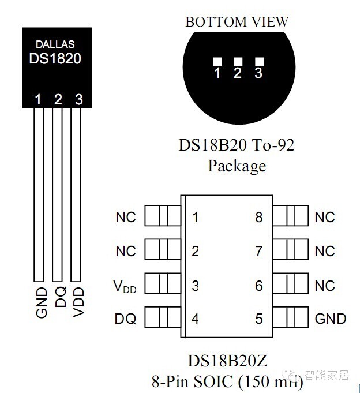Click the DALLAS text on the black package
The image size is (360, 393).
(x=55, y=44)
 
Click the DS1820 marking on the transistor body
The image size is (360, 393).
(x=55, y=58)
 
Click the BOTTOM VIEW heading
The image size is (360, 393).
(x=237, y=22)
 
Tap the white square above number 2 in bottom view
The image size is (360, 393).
(x=238, y=61)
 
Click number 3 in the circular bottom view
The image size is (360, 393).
(x=258, y=73)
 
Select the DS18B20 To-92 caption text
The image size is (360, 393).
(x=237, y=144)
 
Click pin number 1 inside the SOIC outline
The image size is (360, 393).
(x=196, y=218)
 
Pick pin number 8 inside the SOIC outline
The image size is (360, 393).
(x=259, y=218)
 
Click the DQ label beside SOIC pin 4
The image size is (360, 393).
(x=125, y=319)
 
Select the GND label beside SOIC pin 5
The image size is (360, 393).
(x=331, y=319)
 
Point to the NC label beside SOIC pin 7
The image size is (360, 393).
(x=325, y=252)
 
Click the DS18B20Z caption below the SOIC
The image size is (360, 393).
(x=235, y=361)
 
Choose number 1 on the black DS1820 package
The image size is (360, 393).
(x=38, y=99)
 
